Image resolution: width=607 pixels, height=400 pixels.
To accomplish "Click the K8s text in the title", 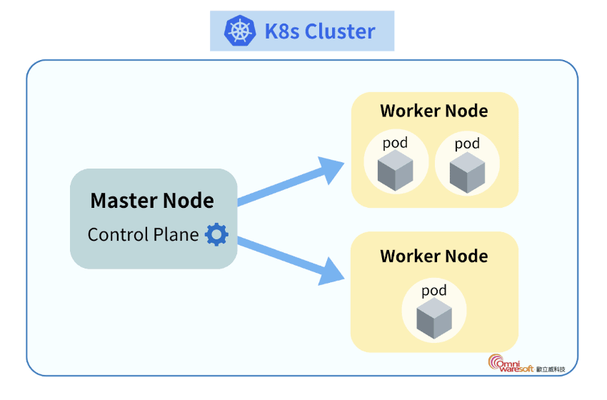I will pos(281,31).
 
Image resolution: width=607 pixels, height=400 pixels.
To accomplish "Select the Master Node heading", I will pos(152,201).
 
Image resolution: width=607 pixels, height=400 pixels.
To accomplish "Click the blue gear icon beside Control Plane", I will pos(216,234).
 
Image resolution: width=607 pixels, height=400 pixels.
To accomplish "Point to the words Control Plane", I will pos(143,234).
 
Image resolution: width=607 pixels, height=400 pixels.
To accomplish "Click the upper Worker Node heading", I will pos(434,111).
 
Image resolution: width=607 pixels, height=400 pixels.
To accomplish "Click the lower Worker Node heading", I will pos(434,256).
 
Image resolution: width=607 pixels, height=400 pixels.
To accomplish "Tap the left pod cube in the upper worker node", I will pos(396,171).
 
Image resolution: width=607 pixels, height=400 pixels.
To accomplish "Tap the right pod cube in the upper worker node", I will pos(468,172).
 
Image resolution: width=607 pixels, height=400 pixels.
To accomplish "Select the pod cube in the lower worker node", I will pos(434,318).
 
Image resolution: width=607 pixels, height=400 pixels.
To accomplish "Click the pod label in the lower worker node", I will pos(434,290).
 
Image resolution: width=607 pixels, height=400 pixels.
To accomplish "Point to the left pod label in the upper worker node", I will pos(396,143).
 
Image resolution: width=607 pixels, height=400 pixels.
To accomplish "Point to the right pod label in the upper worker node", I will pos(468,144).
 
